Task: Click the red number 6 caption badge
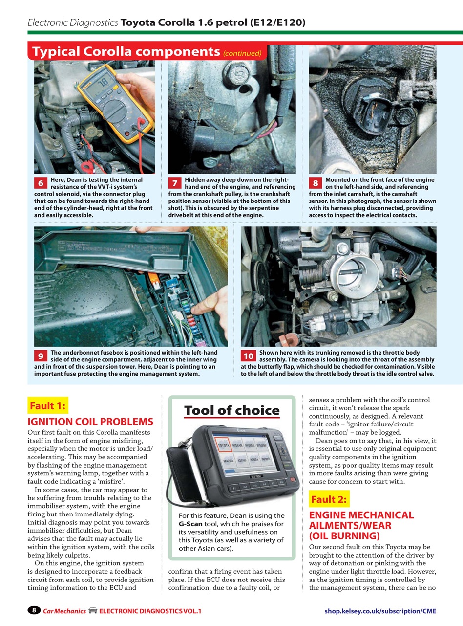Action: (40, 183)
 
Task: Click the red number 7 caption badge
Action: (174, 183)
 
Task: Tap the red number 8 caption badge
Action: (316, 183)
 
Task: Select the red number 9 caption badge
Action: (40, 356)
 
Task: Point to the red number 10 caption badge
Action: (248, 356)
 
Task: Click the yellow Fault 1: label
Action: (48, 405)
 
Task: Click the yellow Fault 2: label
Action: (329, 499)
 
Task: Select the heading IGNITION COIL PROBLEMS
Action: (90, 422)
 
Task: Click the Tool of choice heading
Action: (231, 410)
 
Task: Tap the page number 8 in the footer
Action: (34, 610)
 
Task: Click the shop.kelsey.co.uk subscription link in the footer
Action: (380, 611)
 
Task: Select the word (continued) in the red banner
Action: (242, 53)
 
